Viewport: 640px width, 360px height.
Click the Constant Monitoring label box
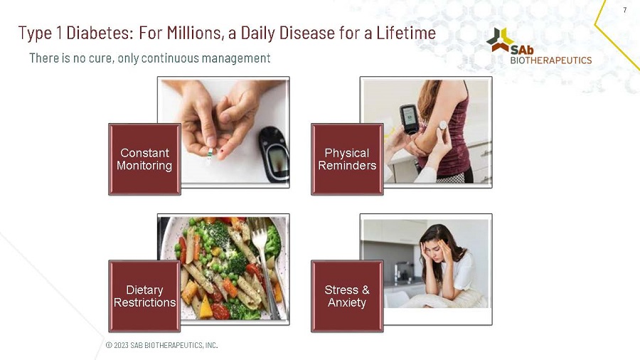pyautogui.click(x=144, y=159)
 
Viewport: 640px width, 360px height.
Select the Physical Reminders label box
pyautogui.click(x=347, y=159)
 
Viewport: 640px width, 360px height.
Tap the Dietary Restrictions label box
pyautogui.click(x=144, y=296)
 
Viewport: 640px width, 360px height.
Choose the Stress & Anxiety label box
pyautogui.click(x=347, y=296)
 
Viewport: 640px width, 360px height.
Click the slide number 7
pyautogui.click(x=624, y=10)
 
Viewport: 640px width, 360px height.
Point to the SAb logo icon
pyautogui.click(x=500, y=40)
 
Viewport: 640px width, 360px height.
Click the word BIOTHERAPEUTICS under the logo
pyautogui.click(x=550, y=60)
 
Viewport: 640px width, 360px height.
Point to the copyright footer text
pyautogui.click(x=161, y=345)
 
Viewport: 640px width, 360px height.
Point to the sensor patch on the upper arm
pyautogui.click(x=442, y=125)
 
